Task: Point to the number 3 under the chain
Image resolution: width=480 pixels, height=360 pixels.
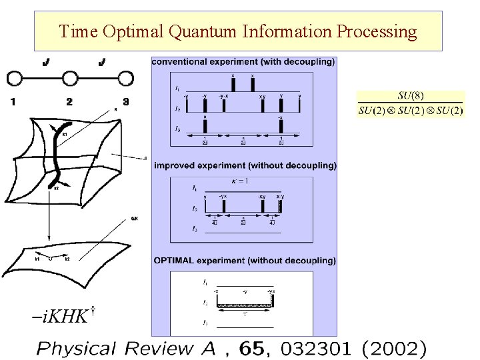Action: click(x=125, y=101)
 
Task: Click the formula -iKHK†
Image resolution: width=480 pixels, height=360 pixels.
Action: click(x=59, y=315)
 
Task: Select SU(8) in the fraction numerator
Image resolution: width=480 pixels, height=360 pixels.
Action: click(x=411, y=96)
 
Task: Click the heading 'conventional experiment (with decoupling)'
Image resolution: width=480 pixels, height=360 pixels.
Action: click(x=243, y=62)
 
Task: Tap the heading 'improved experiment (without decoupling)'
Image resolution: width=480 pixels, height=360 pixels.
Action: click(x=245, y=165)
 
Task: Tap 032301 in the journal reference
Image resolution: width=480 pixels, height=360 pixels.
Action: click(x=315, y=347)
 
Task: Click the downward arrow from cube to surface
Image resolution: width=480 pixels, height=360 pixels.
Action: click(x=49, y=220)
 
